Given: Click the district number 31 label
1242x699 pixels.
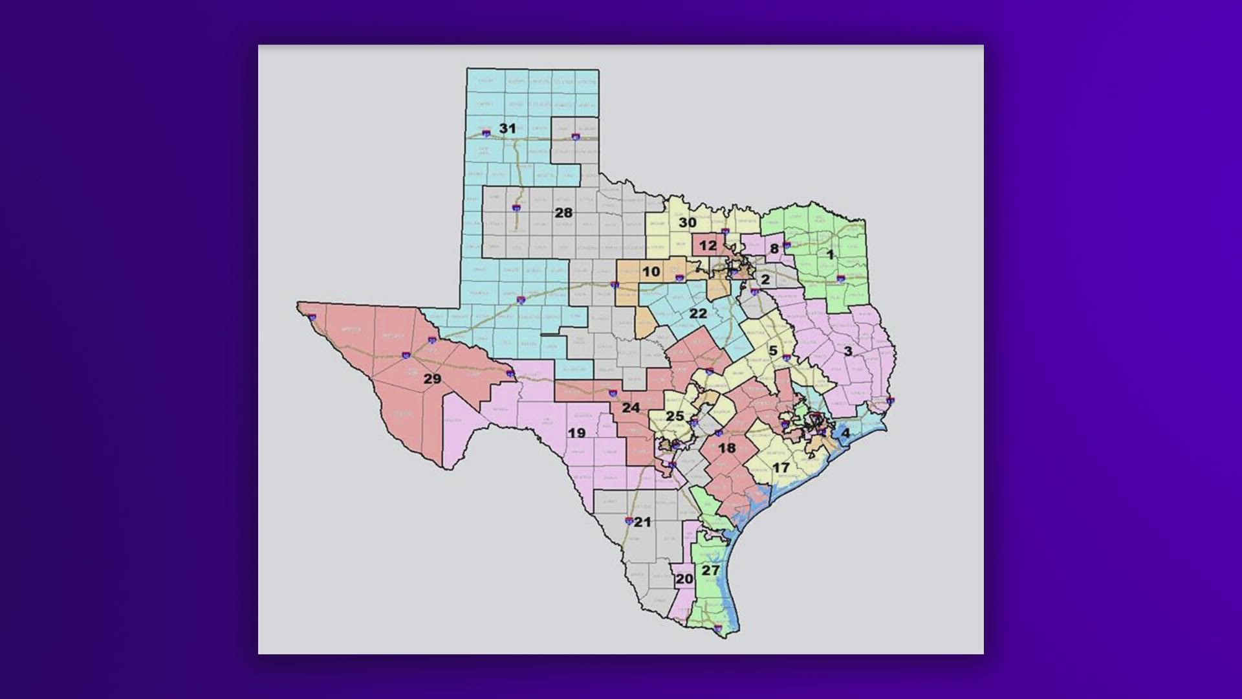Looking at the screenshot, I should point(507,129).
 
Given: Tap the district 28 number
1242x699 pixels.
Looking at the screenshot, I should point(563,212).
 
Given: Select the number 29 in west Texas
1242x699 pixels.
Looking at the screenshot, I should point(432,379).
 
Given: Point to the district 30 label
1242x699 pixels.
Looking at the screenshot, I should point(687,223).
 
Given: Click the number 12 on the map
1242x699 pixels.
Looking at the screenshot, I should point(708,245).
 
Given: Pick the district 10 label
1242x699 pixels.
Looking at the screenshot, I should point(651,272).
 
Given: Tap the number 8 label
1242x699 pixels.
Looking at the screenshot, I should point(774,249).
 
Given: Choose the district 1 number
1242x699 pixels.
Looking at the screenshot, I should point(830,254).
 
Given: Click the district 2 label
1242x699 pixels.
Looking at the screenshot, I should point(765,280).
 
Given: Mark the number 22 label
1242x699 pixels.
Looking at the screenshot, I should point(698,314).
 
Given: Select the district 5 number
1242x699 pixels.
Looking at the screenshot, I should point(772,351).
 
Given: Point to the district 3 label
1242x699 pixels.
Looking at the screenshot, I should point(847,351).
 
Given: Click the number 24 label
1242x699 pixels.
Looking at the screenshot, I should point(631,408).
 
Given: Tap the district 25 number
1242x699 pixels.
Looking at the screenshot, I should point(675,416).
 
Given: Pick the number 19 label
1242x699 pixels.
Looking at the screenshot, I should point(576,433).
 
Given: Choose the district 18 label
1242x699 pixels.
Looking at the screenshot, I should point(726,448).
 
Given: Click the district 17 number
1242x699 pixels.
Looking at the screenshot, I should point(781,467).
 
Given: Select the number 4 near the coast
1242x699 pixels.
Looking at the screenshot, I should point(845,433).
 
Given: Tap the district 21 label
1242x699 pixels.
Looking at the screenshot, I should point(642,522).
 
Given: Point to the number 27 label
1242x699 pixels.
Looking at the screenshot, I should point(710,570).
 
